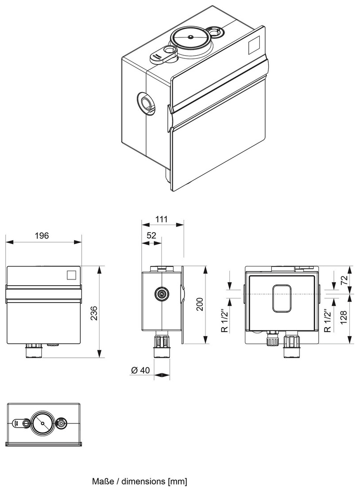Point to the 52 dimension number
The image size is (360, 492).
pyautogui.click(x=151, y=236)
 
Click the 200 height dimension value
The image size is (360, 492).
pyautogui.click(x=200, y=305)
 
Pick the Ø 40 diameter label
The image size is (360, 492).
pyautogui.click(x=142, y=370)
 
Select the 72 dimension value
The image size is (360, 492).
pyautogui.click(x=344, y=279)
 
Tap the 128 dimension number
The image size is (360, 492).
pyautogui.click(x=344, y=319)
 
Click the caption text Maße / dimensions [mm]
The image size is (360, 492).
pyautogui.click(x=139, y=482)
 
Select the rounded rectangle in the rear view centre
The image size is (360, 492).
pyautogui.click(x=282, y=299)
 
